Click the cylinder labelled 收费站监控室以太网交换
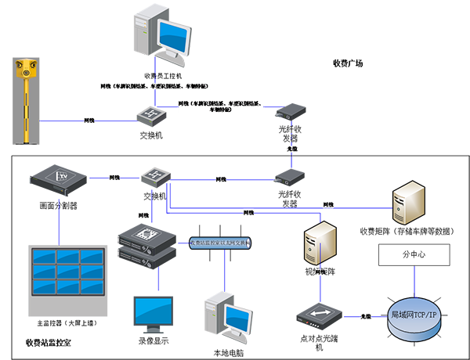[x=220, y=244]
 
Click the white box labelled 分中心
[x=414, y=255]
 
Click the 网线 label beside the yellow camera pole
[x=89, y=121]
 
